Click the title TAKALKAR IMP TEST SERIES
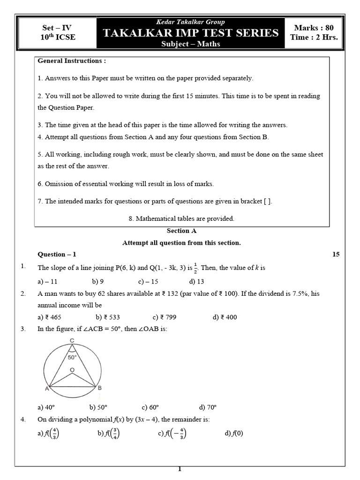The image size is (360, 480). point(190,33)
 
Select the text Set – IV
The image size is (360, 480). point(57,28)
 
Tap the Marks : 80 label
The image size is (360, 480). point(314,28)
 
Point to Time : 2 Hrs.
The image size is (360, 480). point(314,37)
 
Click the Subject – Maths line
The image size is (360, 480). point(190,44)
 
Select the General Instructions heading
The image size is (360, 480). point(72,61)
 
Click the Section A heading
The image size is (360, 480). point(181,231)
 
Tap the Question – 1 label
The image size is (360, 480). point(57,255)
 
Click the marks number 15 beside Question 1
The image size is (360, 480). point(336,255)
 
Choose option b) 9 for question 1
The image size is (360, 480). point(98,282)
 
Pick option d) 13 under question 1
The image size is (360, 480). point(196,282)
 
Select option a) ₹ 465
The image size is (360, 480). point(49,317)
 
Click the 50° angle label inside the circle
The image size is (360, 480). point(72,357)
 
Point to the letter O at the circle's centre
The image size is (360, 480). point(72,370)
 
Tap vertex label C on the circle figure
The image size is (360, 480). point(72,340)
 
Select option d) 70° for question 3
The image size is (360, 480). point(208,407)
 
